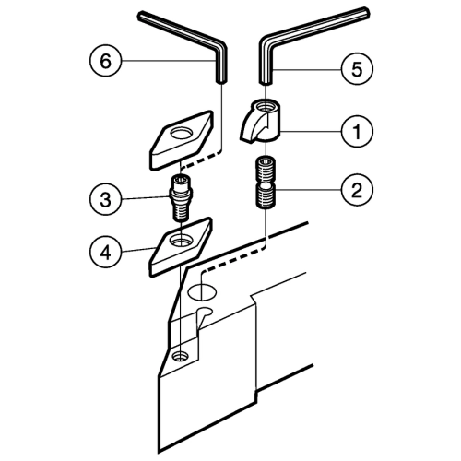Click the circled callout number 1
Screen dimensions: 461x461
pos(357,131)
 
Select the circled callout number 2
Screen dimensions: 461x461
pos(357,190)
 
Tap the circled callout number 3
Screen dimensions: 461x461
pos(106,199)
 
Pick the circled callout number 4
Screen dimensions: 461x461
pos(106,253)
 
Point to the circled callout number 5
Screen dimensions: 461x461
pos(357,69)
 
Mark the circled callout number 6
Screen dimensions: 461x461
pos(106,61)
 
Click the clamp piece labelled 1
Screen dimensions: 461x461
pos(260,122)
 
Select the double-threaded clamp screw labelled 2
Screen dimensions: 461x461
pos(265,183)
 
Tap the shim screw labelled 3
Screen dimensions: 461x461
pos(181,197)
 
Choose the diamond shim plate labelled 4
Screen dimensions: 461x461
pos(181,246)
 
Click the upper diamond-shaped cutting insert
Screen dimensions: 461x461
pos(182,140)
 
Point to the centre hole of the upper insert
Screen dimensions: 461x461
pos(181,134)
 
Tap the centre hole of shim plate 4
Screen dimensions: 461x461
pos(181,240)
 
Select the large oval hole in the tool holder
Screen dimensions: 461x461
pos(202,291)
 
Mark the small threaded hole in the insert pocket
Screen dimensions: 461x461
pos(181,356)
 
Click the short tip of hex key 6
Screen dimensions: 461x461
pos(221,80)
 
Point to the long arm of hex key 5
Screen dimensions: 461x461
pos(316,25)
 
